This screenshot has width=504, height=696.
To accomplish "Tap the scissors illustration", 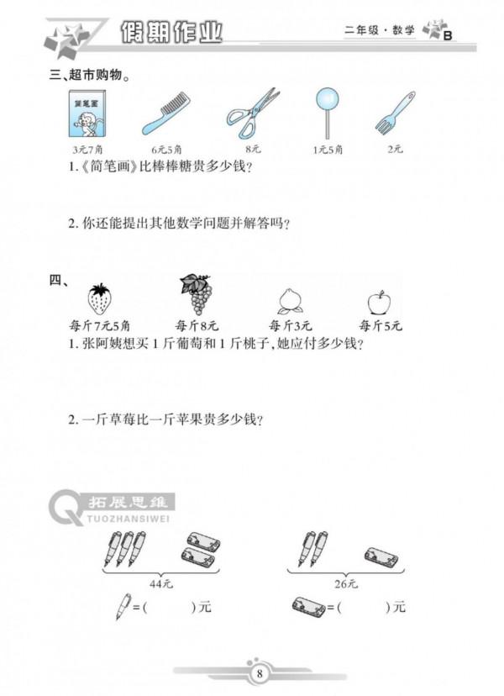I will click(x=251, y=112).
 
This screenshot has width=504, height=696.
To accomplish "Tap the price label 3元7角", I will click(x=84, y=149).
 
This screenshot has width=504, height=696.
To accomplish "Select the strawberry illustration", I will click(x=99, y=298).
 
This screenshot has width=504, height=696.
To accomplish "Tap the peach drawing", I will click(x=290, y=301).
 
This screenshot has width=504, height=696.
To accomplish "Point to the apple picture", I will click(x=380, y=301).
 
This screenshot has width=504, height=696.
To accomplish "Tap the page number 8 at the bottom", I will click(x=260, y=672).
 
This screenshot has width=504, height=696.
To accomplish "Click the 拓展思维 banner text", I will click(x=129, y=503).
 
